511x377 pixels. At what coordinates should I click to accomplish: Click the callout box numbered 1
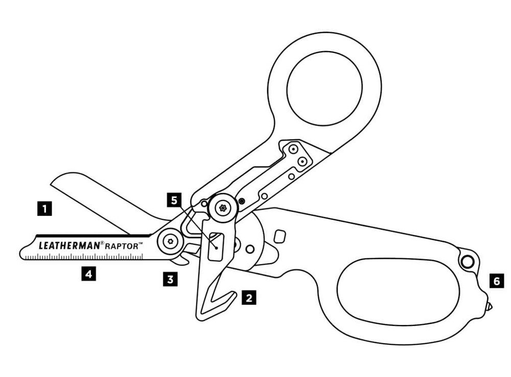47,208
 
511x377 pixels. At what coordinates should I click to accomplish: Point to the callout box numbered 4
88,274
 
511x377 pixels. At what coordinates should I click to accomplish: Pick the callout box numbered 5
175,201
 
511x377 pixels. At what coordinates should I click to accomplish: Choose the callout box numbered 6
496,280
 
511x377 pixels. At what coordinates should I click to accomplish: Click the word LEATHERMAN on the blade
68,245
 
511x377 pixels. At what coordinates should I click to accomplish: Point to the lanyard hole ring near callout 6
466,262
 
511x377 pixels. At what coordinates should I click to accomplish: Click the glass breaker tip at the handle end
489,307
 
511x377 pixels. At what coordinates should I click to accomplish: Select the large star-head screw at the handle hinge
223,207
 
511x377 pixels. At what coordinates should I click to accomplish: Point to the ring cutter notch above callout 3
180,261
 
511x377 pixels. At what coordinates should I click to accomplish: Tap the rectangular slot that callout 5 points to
217,246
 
